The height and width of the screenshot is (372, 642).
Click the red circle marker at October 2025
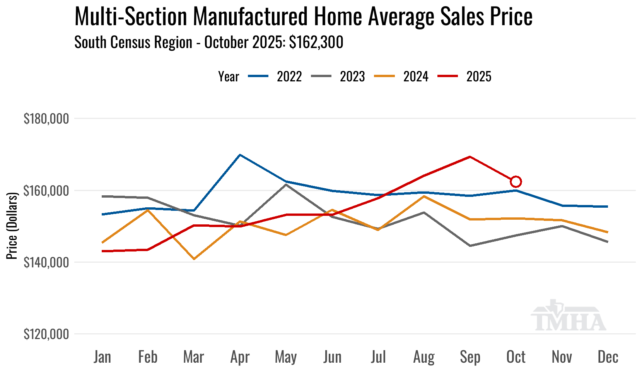tap(516, 181)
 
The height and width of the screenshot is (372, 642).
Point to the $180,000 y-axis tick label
tap(46, 119)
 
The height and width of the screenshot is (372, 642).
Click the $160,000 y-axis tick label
tap(46, 191)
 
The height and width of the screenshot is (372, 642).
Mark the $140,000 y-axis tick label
tap(46, 263)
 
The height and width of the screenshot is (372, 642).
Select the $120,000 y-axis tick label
tap(46, 334)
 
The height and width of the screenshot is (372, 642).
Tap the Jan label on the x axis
tap(102, 357)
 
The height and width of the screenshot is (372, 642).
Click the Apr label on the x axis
tap(240, 357)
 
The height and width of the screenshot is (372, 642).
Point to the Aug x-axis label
tap(424, 357)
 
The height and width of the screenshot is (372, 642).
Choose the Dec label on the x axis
tap(608, 357)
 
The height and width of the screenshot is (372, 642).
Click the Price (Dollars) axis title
tap(12, 226)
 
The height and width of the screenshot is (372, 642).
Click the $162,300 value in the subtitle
tap(316, 42)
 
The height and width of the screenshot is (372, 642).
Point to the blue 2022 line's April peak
tap(240, 155)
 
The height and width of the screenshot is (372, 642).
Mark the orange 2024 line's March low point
tap(194, 259)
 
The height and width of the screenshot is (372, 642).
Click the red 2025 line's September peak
tap(470, 157)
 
